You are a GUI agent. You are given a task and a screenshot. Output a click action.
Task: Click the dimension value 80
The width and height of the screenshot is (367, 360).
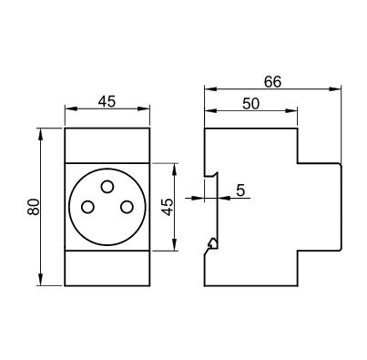[34, 207]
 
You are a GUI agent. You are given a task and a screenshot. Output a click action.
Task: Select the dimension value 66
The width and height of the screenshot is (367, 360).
[272, 82]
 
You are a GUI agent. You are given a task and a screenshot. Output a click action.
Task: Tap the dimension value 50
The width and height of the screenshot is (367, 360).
[251, 104]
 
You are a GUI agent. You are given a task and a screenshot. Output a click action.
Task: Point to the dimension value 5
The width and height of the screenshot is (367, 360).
[240, 190]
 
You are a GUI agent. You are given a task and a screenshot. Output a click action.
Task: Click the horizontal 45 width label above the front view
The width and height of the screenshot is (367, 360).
[107, 101]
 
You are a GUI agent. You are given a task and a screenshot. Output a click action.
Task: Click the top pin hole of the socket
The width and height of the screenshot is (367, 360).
[107, 187]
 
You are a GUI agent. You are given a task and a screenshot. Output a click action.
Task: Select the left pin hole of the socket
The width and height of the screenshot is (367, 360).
[87, 207]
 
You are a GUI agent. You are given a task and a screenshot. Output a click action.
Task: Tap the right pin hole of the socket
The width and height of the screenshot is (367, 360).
[127, 207]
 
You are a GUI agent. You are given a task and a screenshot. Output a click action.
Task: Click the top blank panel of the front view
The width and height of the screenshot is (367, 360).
[107, 146]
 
